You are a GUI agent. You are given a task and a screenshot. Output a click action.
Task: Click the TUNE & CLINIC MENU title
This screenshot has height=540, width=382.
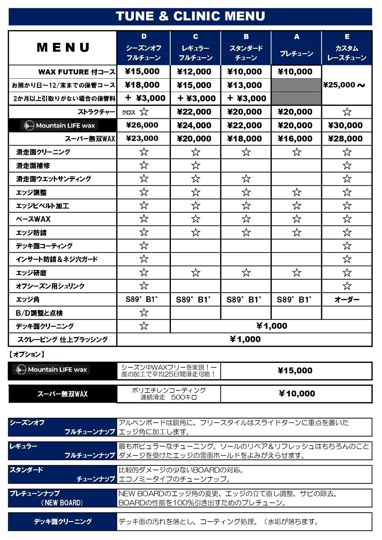coord(190,16)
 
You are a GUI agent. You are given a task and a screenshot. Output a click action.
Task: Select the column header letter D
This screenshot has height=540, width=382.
coord(144,37)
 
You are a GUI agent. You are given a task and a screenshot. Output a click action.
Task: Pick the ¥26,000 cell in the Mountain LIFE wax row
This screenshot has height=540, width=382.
coord(142,125)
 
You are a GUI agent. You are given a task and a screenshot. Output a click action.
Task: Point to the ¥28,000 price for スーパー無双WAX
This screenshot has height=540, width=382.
coord(345,139)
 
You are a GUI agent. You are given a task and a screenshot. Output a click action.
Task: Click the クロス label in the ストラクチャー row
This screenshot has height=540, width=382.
coord(129,112)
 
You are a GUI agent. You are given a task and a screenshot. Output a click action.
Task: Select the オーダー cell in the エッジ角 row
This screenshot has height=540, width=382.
coord(347,300)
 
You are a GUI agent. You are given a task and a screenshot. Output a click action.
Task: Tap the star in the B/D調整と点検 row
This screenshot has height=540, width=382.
coord(144,313)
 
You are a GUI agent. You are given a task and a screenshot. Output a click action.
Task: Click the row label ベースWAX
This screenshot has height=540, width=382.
coord(33,219)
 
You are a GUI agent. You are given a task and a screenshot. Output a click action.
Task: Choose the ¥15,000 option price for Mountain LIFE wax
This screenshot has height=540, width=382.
coord(295,371)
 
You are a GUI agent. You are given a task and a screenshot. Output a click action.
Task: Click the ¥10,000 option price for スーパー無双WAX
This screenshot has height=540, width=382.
coord(297,393)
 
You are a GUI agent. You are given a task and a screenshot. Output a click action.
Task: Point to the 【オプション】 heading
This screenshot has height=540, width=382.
coord(27,354)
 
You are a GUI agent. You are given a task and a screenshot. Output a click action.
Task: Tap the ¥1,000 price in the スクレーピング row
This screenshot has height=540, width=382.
coord(245,339)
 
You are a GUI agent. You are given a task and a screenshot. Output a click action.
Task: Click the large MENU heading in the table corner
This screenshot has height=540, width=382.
coord(63,48)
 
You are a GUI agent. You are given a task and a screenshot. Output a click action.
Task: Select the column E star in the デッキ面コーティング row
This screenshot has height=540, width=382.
coord(347,246)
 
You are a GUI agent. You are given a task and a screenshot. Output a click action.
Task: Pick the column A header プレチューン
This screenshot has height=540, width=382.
coord(297,53)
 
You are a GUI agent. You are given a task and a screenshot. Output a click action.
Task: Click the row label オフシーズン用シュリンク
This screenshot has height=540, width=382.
coord(50,286)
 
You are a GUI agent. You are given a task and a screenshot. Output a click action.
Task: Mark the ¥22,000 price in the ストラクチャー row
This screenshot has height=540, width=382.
coord(194,112)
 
